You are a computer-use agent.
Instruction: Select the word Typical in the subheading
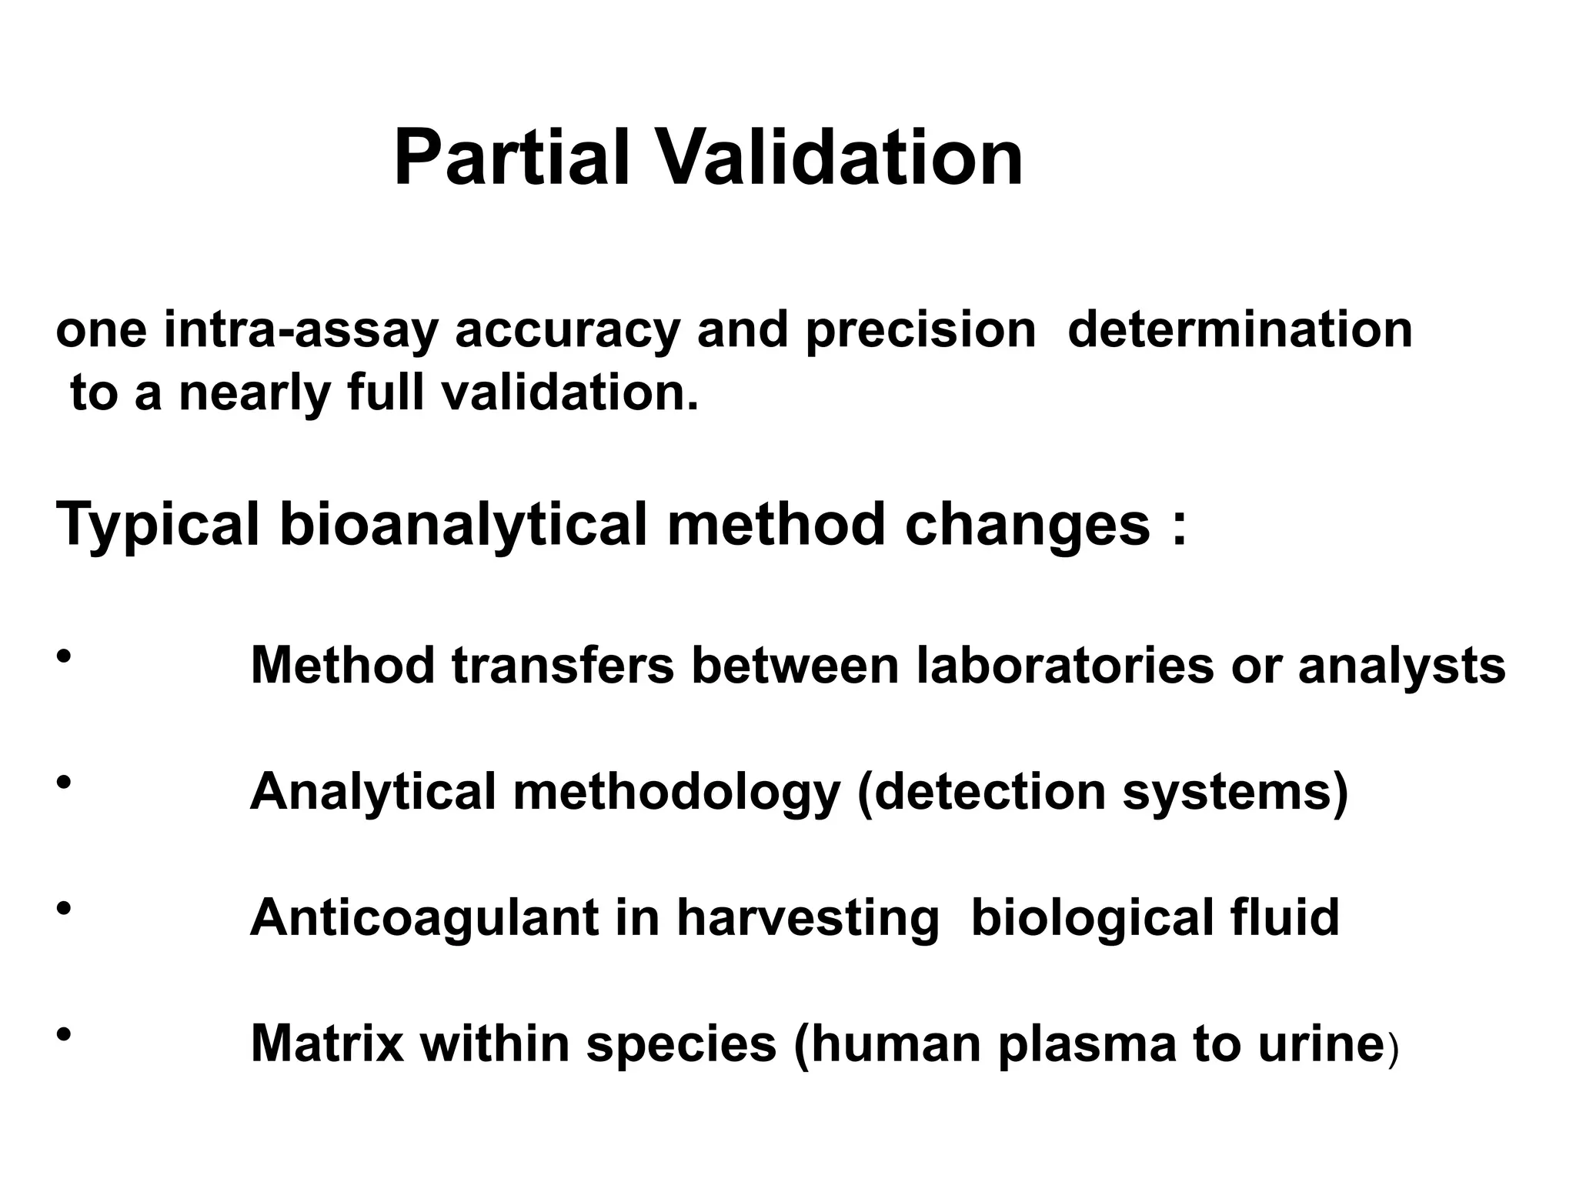click(x=158, y=526)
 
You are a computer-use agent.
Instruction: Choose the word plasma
click(x=1087, y=1044)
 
